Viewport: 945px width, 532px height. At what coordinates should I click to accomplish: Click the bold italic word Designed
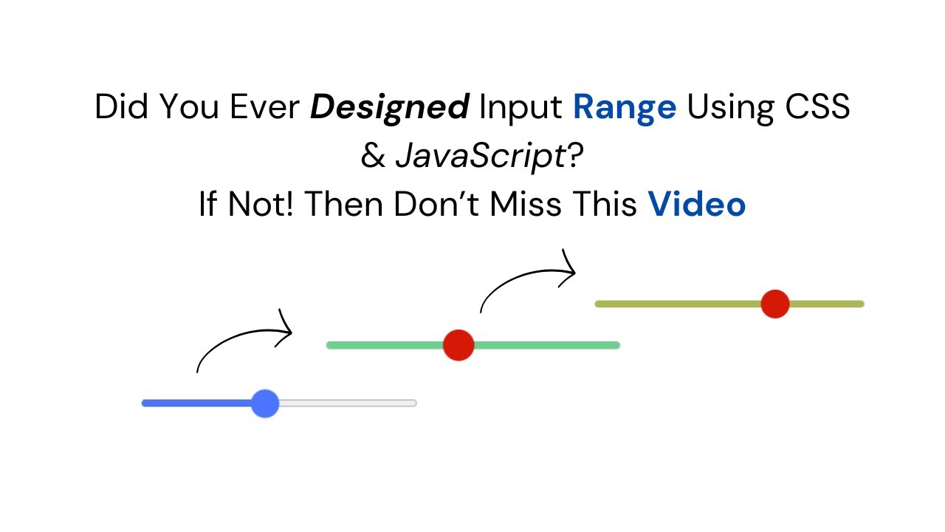(389, 108)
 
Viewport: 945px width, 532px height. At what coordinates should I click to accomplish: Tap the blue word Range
(624, 108)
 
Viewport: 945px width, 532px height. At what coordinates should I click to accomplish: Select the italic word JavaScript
(480, 157)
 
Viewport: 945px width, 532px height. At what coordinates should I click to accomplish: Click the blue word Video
(696, 205)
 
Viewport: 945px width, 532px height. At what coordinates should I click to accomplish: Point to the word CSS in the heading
(818, 108)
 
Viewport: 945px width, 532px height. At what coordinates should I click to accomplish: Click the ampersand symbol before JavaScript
(373, 157)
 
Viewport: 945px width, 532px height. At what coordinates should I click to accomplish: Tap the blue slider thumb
(264, 403)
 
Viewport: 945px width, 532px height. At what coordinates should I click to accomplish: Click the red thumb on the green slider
(458, 345)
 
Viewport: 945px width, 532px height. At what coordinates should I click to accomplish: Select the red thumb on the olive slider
(775, 304)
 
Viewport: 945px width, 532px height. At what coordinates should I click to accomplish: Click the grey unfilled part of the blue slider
(347, 403)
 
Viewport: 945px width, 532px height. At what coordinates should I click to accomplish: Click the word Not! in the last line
(261, 205)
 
